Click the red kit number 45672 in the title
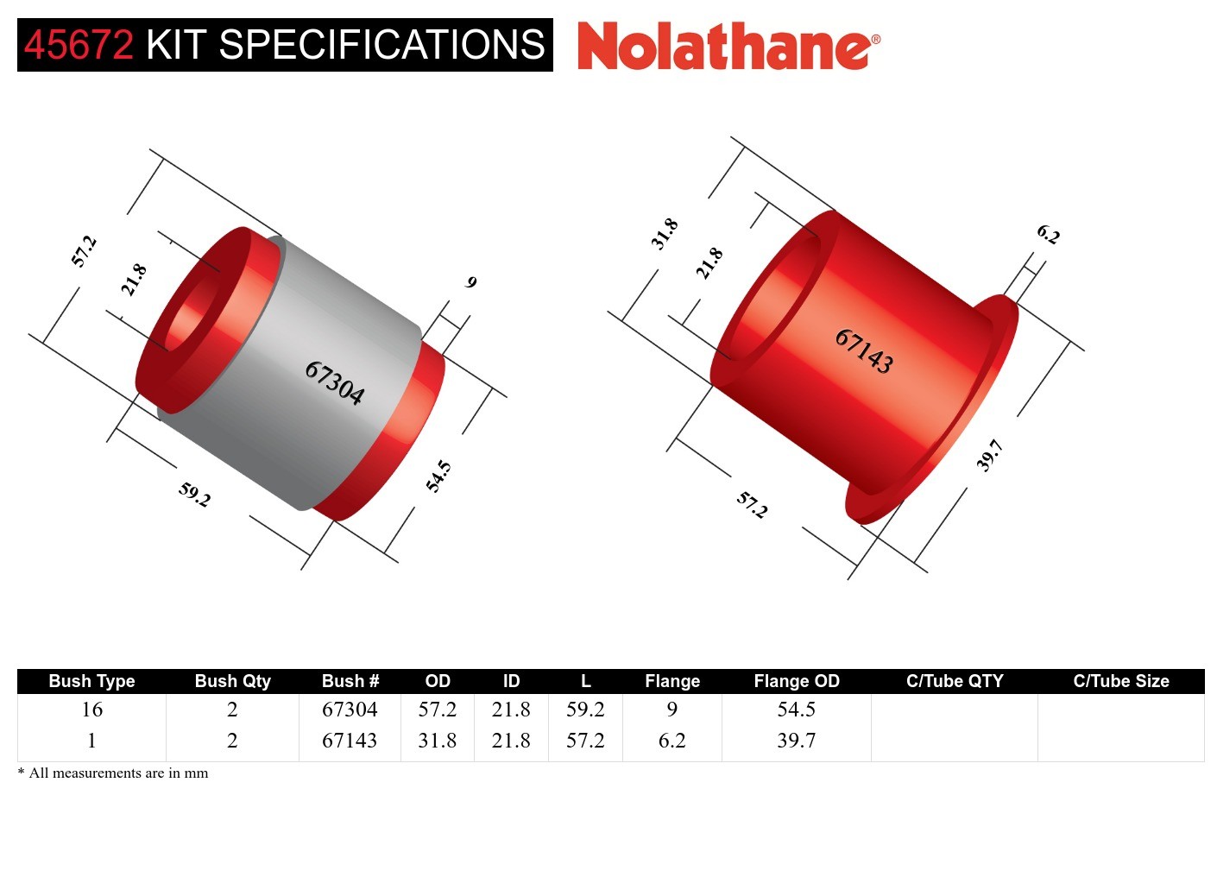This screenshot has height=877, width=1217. point(79,45)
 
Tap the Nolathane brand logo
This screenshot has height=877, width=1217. point(728,46)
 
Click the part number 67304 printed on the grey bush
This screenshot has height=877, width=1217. point(334,382)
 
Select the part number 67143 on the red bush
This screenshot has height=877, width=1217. point(864,351)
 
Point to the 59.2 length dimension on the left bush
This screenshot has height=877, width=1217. point(194,495)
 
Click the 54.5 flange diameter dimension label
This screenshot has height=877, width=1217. point(438,476)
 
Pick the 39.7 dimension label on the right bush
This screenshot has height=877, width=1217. point(989,456)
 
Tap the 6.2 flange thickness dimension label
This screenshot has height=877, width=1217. point(1048,234)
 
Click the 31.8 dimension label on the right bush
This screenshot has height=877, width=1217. point(665,234)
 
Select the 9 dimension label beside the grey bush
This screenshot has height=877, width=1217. point(471,282)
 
